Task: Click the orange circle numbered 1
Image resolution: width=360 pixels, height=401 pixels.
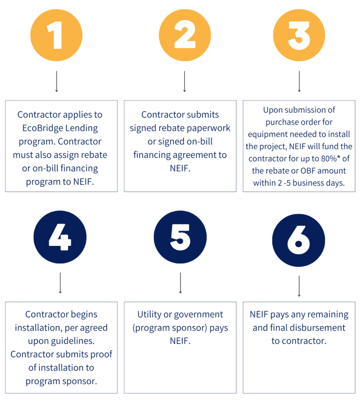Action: click(x=56, y=35)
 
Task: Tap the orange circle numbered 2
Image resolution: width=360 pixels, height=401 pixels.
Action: click(x=185, y=35)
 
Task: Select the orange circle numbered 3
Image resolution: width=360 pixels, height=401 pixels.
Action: click(x=299, y=35)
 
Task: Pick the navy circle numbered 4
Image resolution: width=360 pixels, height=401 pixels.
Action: click(x=60, y=237)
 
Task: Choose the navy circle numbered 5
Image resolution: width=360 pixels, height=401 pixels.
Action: click(x=180, y=237)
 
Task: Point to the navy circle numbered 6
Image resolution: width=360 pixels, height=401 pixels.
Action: click(x=298, y=240)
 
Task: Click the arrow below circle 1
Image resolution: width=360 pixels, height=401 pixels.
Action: click(x=56, y=81)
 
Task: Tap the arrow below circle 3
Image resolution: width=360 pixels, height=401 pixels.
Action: click(x=299, y=81)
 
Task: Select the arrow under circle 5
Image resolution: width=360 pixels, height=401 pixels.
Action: click(x=180, y=283)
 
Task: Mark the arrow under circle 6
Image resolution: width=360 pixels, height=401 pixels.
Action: click(x=299, y=286)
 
